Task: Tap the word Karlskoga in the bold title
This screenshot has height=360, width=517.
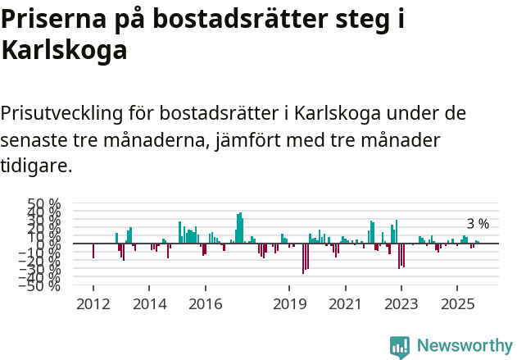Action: pos(65,51)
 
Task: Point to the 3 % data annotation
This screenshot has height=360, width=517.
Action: pos(478,224)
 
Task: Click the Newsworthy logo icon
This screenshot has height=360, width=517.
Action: pos(400,346)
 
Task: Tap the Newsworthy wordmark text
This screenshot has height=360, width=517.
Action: pos(465,346)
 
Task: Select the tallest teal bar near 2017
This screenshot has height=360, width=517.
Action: pos(240,228)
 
